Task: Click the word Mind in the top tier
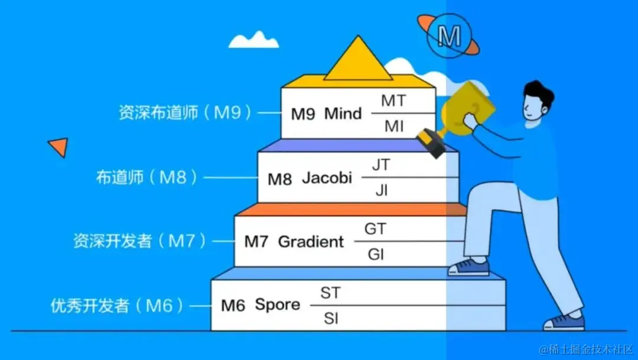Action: [343, 113]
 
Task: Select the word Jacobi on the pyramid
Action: [327, 177]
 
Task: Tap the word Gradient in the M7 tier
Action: [311, 241]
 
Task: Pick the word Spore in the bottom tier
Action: [278, 305]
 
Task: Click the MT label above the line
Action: [393, 101]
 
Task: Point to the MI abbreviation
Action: [393, 126]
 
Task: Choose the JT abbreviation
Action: [381, 165]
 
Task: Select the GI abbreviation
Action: [376, 254]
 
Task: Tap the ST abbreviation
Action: [330, 293]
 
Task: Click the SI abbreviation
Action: [331, 319]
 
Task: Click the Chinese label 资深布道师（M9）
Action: [185, 112]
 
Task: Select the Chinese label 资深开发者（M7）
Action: [139, 241]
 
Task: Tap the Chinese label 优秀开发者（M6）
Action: [117, 305]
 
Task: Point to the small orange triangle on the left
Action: [58, 146]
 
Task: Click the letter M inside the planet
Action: [450, 37]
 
